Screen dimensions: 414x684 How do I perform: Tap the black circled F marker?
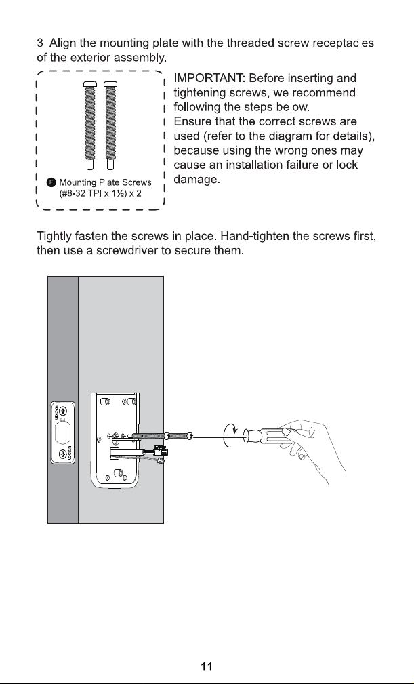[x=51, y=182]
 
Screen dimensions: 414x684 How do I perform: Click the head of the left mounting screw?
[x=89, y=84]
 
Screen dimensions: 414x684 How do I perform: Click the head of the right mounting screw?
[x=110, y=84]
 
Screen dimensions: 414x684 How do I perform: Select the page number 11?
[x=207, y=666]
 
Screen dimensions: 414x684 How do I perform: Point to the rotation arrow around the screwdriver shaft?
[x=230, y=435]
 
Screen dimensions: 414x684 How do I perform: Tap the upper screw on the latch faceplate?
[x=63, y=411]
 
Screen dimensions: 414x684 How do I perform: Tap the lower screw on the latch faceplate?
[x=63, y=454]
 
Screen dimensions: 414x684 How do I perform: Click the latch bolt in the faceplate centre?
[x=63, y=433]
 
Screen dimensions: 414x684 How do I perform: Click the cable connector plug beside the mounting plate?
[x=160, y=454]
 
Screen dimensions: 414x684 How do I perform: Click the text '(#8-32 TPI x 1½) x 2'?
[x=100, y=193]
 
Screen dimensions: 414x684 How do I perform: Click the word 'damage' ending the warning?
[x=195, y=180]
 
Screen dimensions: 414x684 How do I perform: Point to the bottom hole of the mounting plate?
[x=117, y=473]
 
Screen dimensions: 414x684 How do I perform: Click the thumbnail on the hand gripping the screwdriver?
[x=287, y=431]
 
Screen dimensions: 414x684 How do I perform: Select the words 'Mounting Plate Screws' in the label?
[x=105, y=182]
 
